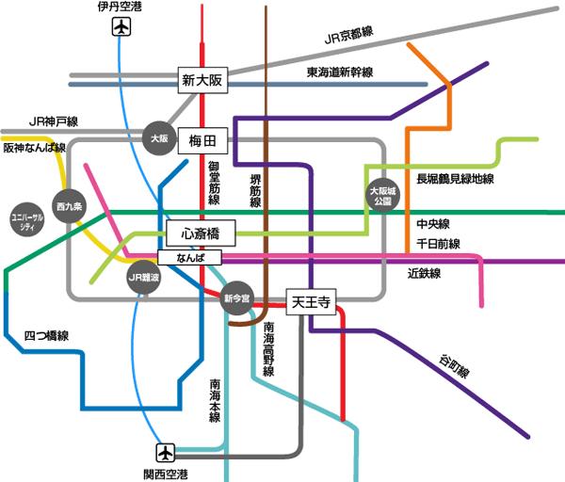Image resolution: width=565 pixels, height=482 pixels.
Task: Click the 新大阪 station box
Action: pos(202,82)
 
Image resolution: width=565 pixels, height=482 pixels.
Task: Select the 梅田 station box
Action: pos(202,141)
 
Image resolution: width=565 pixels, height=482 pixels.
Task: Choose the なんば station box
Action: pos(188,257)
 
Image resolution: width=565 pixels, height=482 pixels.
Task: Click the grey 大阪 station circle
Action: pos(160,138)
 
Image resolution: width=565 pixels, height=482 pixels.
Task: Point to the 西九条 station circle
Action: pos(69,205)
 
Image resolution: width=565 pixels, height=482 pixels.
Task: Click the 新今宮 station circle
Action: pos(237,299)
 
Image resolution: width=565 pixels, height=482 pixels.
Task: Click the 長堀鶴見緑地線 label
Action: pos(456,179)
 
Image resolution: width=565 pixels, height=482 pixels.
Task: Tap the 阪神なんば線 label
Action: pos(34,149)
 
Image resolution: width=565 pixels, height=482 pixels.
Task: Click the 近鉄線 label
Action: pos(425,274)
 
